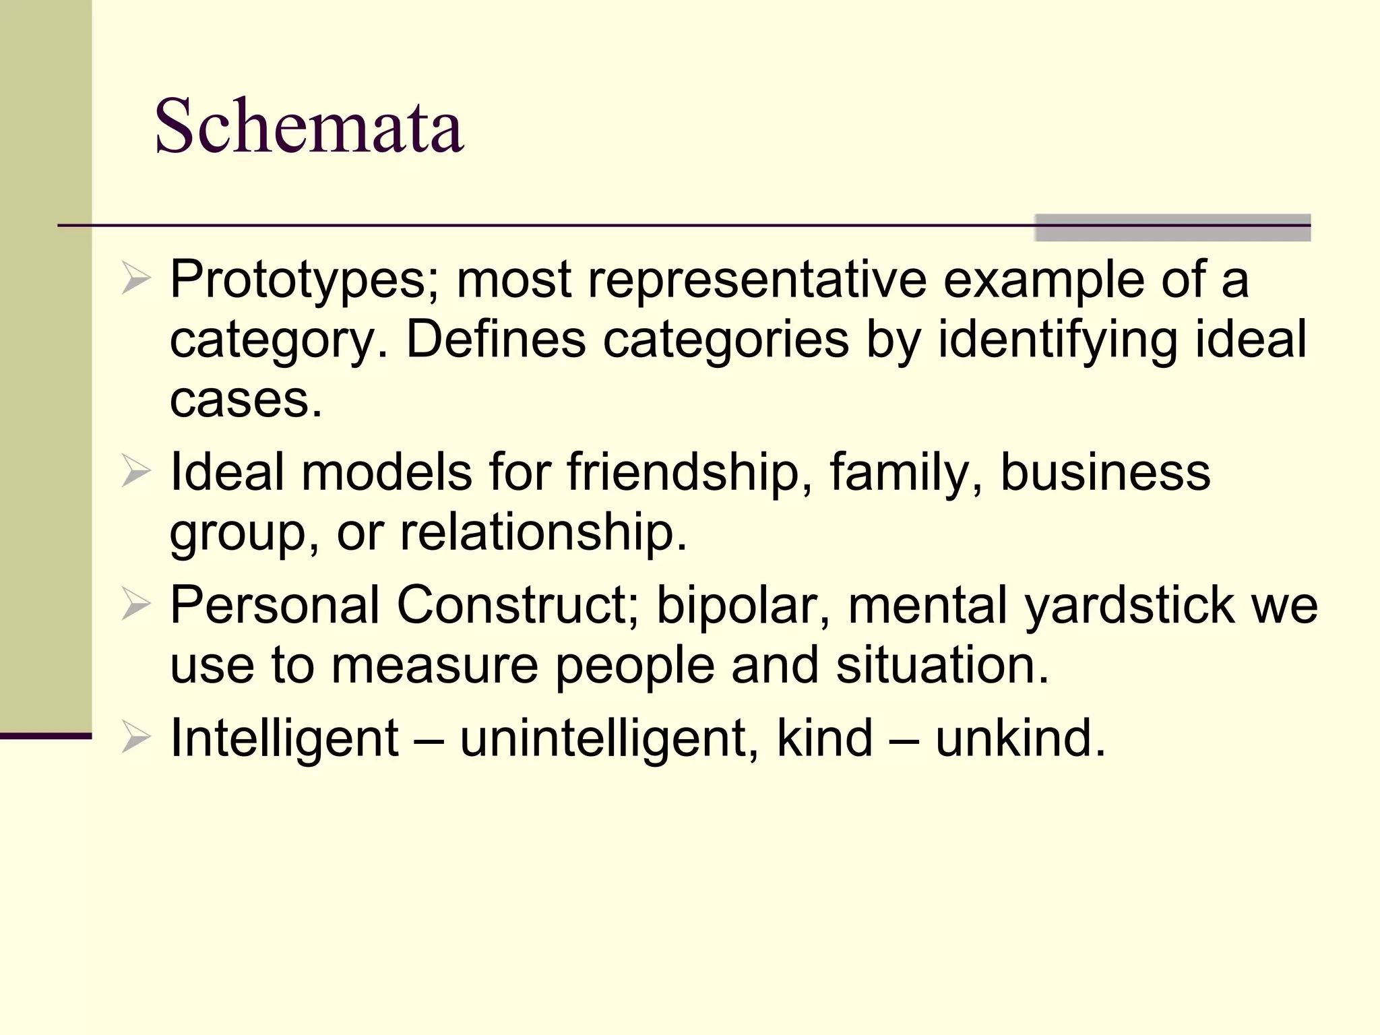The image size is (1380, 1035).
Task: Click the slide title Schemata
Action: coord(309,126)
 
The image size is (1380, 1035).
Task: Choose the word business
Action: coord(1105,472)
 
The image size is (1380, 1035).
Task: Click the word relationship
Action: coord(543,532)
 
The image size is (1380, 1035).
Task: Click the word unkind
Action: coord(1020,738)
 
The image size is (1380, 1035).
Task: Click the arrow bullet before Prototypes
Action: coord(135,280)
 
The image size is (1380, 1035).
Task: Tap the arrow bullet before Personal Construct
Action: coord(135,604)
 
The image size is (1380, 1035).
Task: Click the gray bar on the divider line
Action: coord(1172,228)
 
